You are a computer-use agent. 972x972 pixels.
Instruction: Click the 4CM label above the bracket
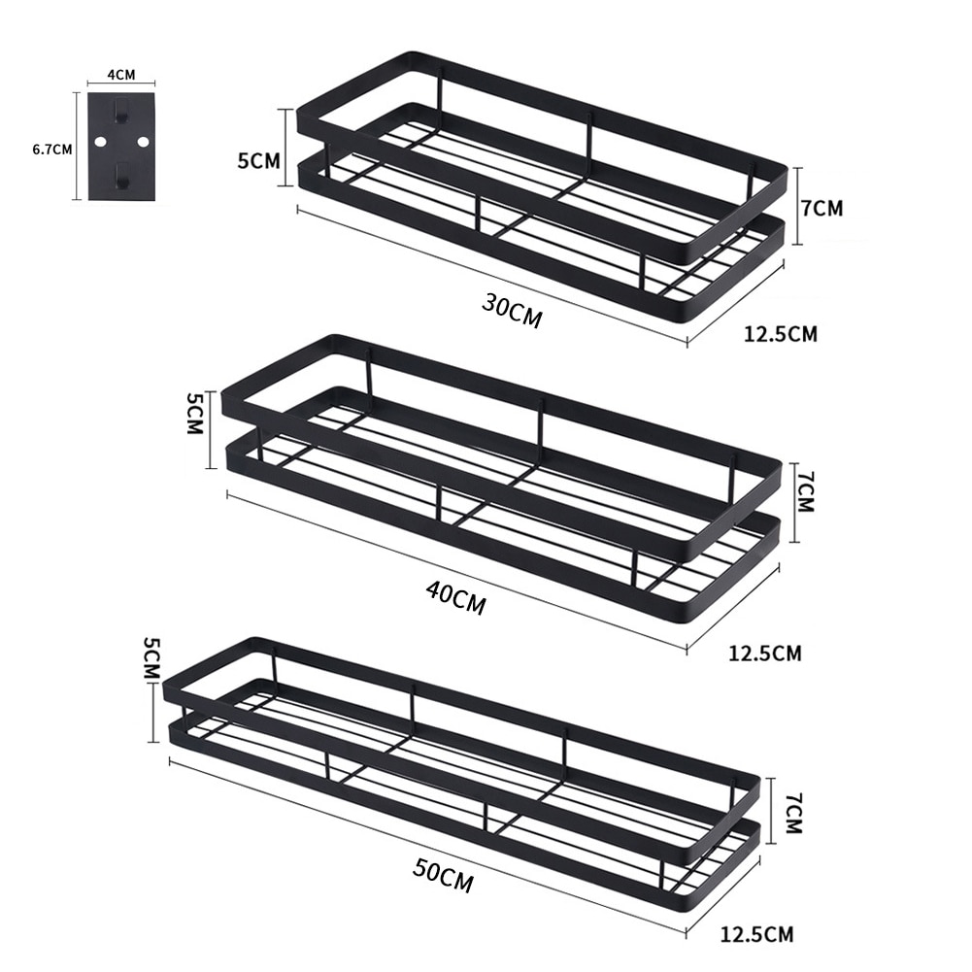point(119,72)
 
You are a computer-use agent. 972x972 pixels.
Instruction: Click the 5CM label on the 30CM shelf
point(257,160)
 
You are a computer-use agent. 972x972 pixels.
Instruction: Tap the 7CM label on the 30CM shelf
point(822,207)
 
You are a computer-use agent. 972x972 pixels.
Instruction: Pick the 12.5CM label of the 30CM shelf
point(780,334)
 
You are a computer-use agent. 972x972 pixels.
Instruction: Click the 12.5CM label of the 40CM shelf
point(764,653)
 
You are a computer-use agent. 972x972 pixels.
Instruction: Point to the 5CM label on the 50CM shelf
point(151,658)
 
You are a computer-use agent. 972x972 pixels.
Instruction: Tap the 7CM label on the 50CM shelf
point(791,814)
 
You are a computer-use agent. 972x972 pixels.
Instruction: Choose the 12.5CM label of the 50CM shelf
point(756,935)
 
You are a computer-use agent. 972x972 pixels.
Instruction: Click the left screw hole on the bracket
point(99,142)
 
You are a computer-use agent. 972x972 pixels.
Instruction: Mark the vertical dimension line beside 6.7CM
point(77,146)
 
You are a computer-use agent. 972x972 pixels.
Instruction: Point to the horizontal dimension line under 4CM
point(119,84)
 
